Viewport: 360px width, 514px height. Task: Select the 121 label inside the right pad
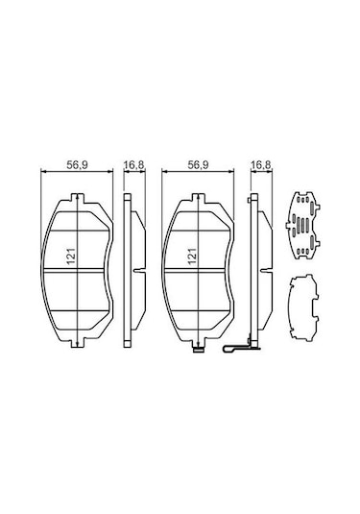click(x=191, y=257)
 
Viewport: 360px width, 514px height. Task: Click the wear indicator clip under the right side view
click(x=240, y=353)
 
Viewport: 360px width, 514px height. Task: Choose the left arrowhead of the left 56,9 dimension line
click(x=39, y=173)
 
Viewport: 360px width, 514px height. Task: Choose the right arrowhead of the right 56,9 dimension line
click(x=234, y=173)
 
